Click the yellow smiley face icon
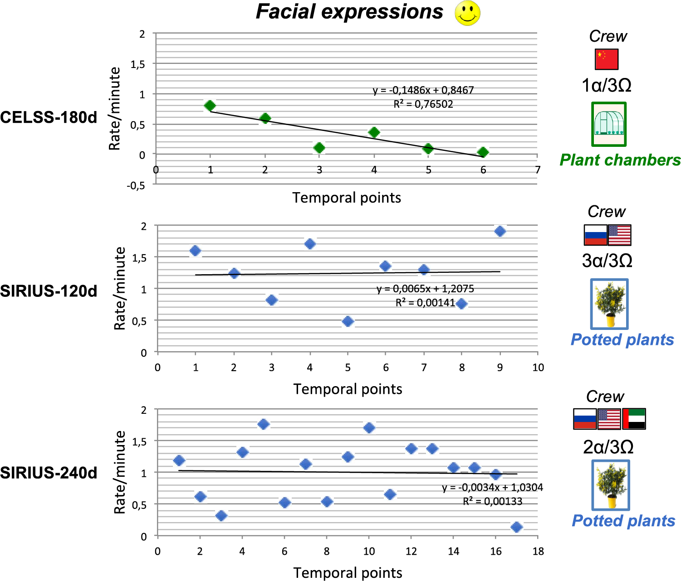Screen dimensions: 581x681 [x=467, y=13]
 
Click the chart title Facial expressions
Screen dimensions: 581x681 [x=349, y=12]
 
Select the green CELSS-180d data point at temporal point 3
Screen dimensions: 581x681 [x=319, y=148]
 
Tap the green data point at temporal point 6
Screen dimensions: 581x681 [x=483, y=152]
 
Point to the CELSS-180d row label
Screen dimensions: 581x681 [x=49, y=117]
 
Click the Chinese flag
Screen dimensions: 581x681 [x=607, y=59]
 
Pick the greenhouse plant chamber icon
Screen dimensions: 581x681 [x=609, y=124]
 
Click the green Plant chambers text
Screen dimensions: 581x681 [x=620, y=160]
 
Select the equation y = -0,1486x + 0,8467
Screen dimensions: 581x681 [x=423, y=90]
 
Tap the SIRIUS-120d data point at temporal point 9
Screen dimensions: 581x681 [x=500, y=231]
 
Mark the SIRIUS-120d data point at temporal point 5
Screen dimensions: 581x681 [x=348, y=321]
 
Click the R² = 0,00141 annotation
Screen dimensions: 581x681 [x=425, y=302]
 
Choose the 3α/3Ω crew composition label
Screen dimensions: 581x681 [x=607, y=261]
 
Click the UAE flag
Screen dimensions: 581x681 [x=634, y=419]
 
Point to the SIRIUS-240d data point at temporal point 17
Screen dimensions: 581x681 [x=516, y=527]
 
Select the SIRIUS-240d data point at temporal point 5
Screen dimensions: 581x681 [x=263, y=424]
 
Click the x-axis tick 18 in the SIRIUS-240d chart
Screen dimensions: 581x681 [x=538, y=551]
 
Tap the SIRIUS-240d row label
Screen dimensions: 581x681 [x=49, y=473]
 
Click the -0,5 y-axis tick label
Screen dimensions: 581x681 [x=136, y=185]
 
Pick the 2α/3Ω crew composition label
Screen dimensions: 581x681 [x=608, y=447]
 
